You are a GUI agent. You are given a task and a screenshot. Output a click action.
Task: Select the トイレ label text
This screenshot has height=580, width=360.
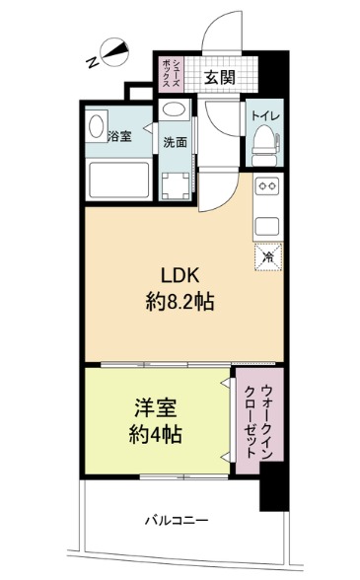[x=263, y=116]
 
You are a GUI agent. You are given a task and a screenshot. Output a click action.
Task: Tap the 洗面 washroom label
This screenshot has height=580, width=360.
[x=176, y=141]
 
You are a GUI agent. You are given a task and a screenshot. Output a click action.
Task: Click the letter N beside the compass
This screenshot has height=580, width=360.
[x=92, y=62]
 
